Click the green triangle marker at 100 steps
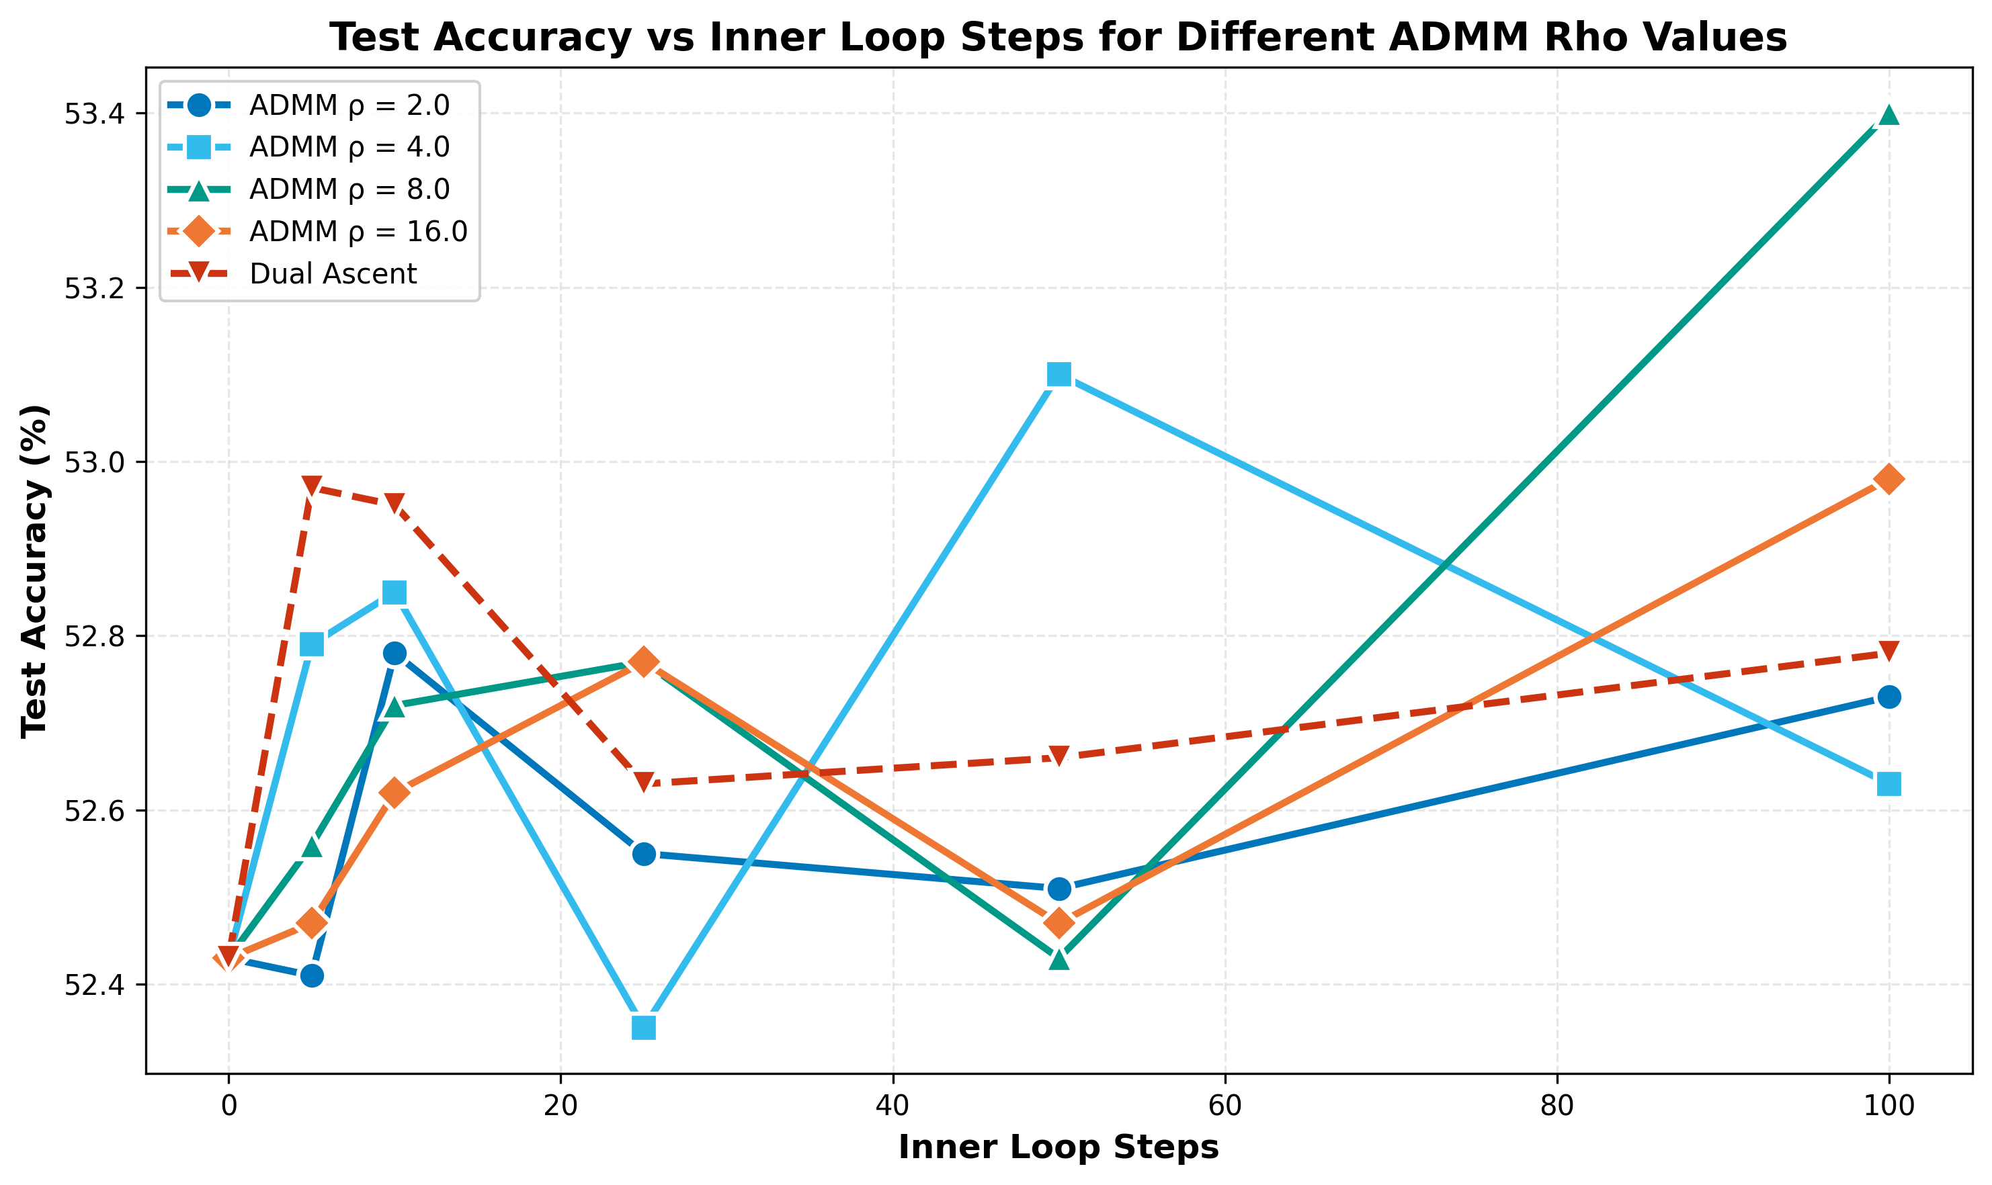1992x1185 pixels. coord(1889,114)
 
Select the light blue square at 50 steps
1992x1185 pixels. coord(1059,374)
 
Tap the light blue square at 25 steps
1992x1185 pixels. coord(644,1028)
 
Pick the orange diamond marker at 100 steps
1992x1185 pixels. coord(1889,479)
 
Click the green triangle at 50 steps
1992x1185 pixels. coord(1059,959)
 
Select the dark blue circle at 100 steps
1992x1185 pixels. coord(1889,697)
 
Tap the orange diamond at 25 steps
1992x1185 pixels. coord(644,662)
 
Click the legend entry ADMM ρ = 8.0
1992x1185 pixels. coord(349,190)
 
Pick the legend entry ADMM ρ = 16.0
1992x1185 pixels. coord(358,232)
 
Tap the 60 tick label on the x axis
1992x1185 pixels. coord(1225,1106)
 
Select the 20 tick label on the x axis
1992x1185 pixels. coord(560,1106)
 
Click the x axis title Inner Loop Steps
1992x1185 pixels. coord(1059,1147)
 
